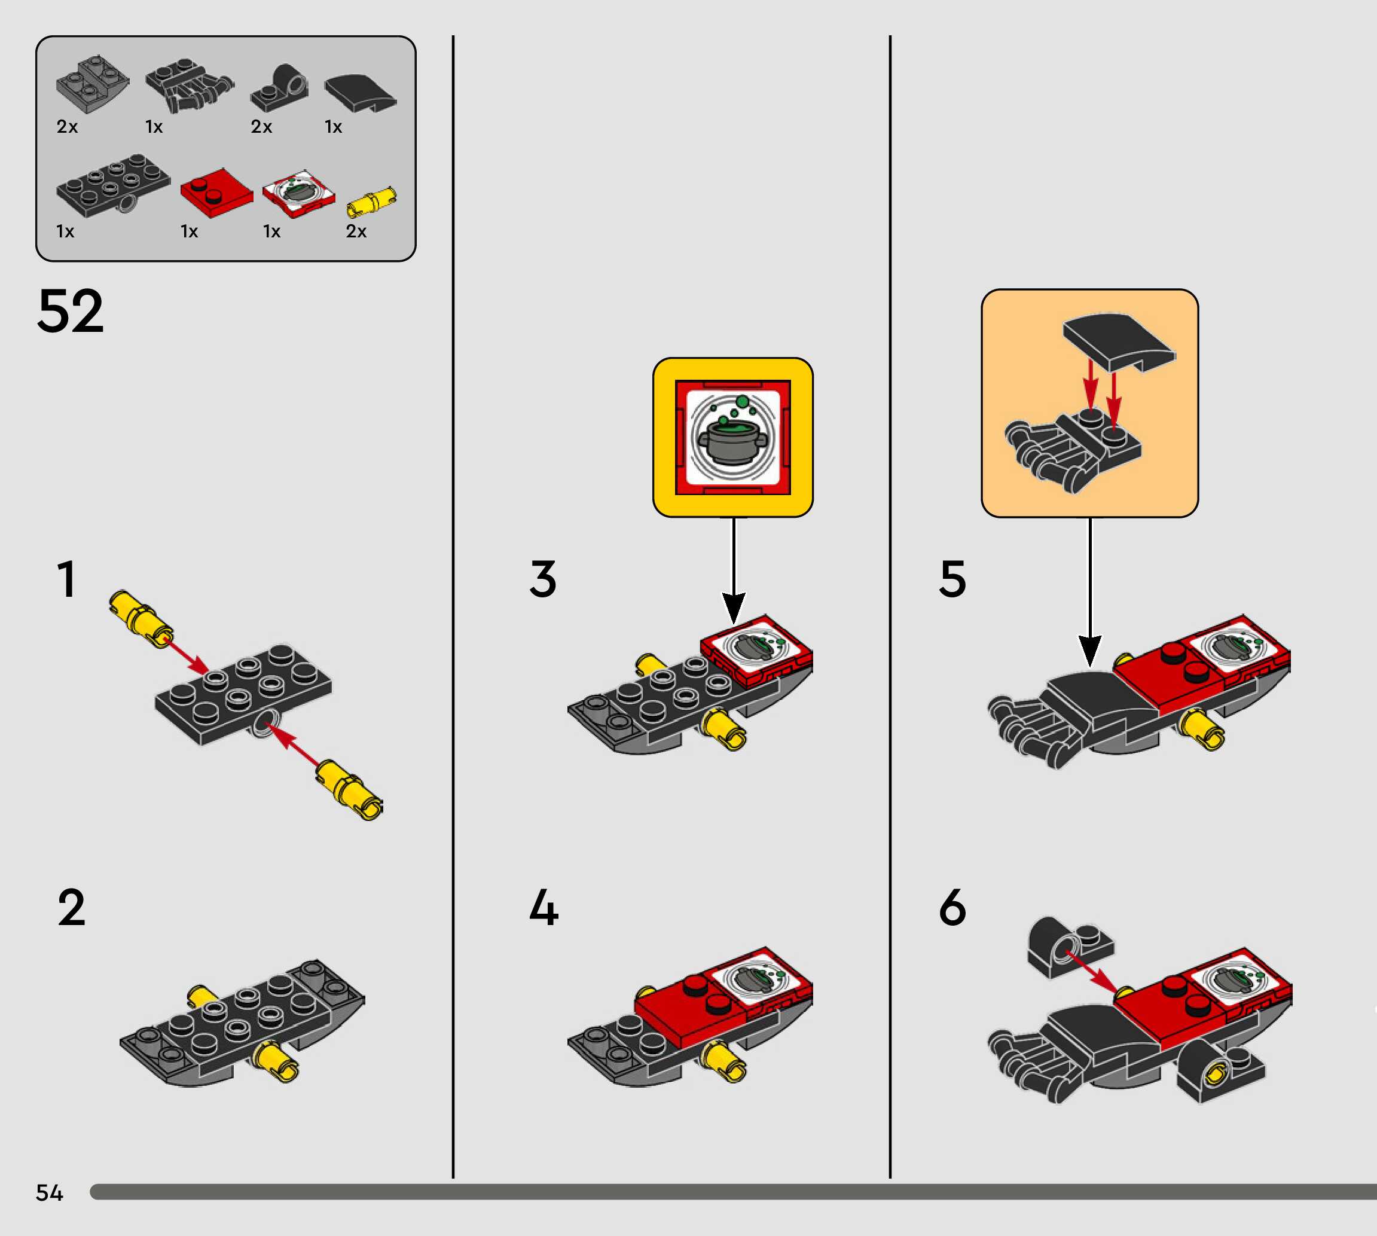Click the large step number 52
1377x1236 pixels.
(x=71, y=311)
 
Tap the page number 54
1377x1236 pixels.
(x=49, y=1192)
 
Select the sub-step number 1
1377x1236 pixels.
(x=66, y=579)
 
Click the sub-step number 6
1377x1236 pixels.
(x=952, y=907)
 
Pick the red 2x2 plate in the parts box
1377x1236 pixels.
(x=216, y=193)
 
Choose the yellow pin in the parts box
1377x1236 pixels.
(x=371, y=202)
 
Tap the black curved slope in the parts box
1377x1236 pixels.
(x=360, y=91)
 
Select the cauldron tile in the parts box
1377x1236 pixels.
(x=299, y=193)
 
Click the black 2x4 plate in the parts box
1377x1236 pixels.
(x=113, y=184)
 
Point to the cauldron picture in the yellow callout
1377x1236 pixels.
(x=732, y=437)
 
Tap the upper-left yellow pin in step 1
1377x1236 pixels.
(x=140, y=617)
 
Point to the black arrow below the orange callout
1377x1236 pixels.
(x=1090, y=591)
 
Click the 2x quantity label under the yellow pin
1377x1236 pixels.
(x=356, y=231)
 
